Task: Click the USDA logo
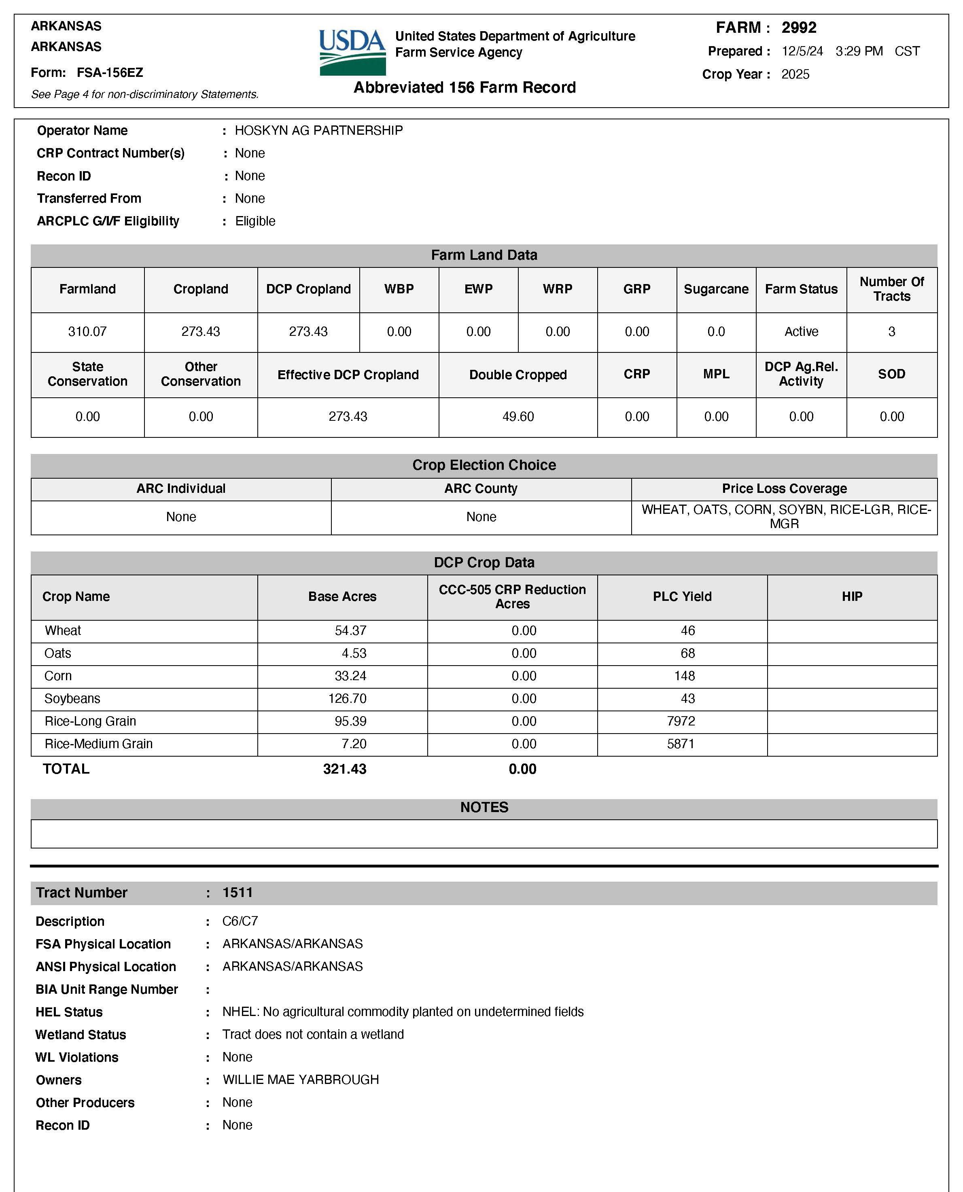coord(352,52)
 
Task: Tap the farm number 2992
coord(799,28)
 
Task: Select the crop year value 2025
coord(795,74)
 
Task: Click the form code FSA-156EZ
coord(110,73)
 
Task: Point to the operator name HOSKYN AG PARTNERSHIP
coord(318,130)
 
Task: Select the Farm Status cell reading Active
coord(801,332)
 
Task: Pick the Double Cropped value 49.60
coord(518,417)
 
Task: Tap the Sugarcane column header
coord(716,289)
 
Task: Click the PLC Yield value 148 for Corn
coord(685,676)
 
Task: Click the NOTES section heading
coord(484,807)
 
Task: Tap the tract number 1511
coord(238,893)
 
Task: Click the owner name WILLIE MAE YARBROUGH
coord(301,1080)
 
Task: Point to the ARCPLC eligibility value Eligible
coord(255,221)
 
